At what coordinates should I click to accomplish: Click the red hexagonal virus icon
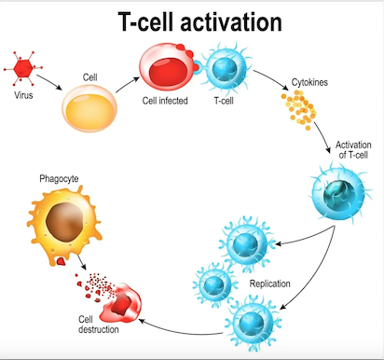(x=23, y=68)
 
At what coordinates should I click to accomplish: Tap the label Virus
(x=23, y=95)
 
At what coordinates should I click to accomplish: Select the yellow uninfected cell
(x=89, y=108)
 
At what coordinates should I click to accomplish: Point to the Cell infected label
(x=165, y=101)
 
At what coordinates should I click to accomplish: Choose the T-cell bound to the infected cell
(x=226, y=68)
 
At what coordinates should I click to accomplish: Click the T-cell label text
(x=224, y=101)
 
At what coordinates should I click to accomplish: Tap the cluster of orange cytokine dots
(x=299, y=109)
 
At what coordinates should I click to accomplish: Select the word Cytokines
(x=309, y=82)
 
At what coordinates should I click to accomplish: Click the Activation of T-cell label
(x=353, y=149)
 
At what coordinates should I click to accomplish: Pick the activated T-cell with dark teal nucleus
(x=340, y=194)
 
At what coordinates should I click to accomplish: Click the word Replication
(x=269, y=284)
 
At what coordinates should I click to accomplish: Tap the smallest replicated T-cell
(x=214, y=284)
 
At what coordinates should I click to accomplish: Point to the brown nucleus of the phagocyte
(x=64, y=222)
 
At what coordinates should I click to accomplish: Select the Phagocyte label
(x=59, y=178)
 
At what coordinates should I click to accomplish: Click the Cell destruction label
(x=98, y=325)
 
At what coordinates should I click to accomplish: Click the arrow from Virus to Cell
(x=49, y=82)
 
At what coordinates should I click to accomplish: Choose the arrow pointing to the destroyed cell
(x=180, y=330)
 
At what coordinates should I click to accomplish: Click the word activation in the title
(x=231, y=21)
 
